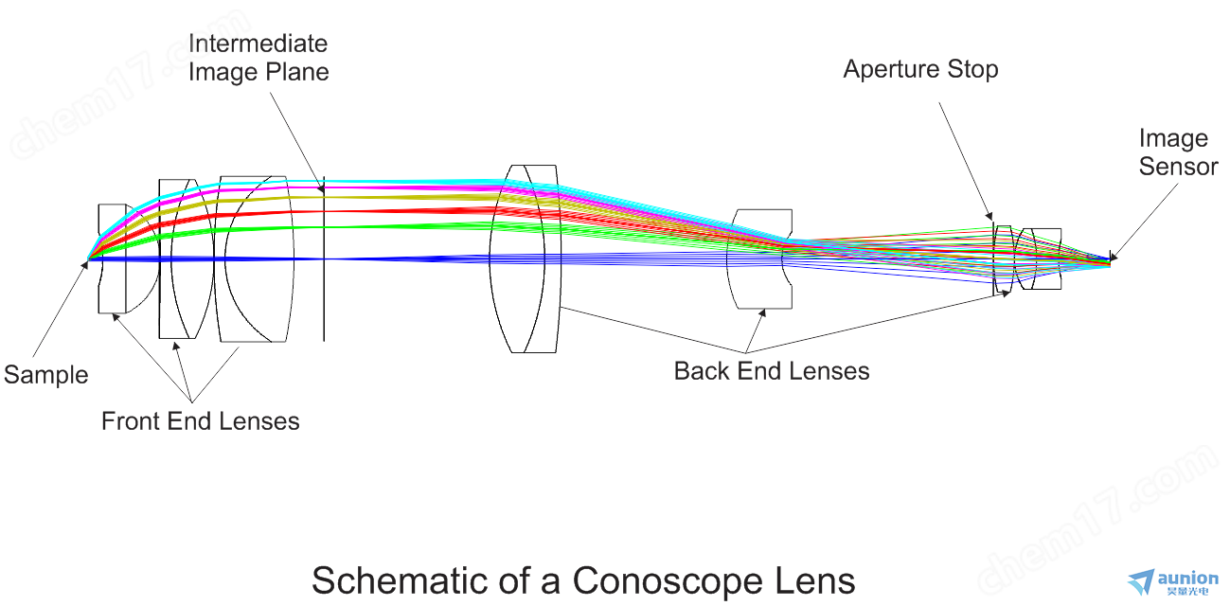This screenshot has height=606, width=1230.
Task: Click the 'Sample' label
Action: click(x=45, y=375)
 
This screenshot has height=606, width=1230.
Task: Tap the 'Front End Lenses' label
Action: click(x=200, y=421)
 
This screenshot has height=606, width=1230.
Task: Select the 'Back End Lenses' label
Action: click(x=771, y=371)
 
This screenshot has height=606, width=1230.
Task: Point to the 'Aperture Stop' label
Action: click(x=920, y=69)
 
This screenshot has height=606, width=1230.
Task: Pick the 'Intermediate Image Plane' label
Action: click(x=258, y=58)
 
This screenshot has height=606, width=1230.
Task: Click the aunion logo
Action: click(x=1173, y=580)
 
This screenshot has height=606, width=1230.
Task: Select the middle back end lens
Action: click(x=758, y=258)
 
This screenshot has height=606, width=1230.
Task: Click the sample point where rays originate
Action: click(x=88, y=258)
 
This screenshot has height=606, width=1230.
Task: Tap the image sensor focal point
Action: click(x=1110, y=258)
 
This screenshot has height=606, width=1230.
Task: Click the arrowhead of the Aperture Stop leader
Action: click(x=991, y=220)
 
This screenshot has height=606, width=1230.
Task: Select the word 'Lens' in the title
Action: click(x=815, y=580)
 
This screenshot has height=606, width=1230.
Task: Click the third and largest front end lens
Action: click(x=253, y=258)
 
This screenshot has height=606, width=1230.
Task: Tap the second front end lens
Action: click(x=179, y=258)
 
